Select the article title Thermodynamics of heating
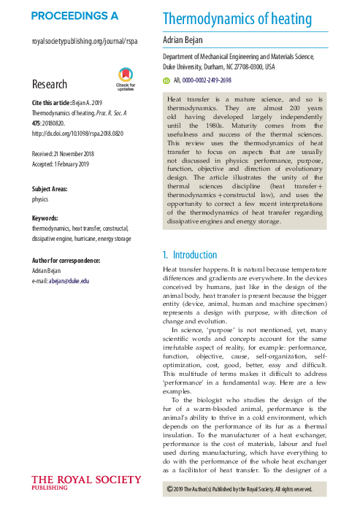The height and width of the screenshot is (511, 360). [237, 20]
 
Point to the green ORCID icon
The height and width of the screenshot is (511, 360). [166, 80]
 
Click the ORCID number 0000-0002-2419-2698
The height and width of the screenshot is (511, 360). [212, 80]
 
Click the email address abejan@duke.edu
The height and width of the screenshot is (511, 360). [71, 280]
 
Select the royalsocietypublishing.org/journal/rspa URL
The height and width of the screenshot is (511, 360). [85, 42]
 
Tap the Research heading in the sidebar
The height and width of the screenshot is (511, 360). [50, 85]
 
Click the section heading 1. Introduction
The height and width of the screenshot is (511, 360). [189, 255]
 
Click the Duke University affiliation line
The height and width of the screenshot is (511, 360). [218, 66]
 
